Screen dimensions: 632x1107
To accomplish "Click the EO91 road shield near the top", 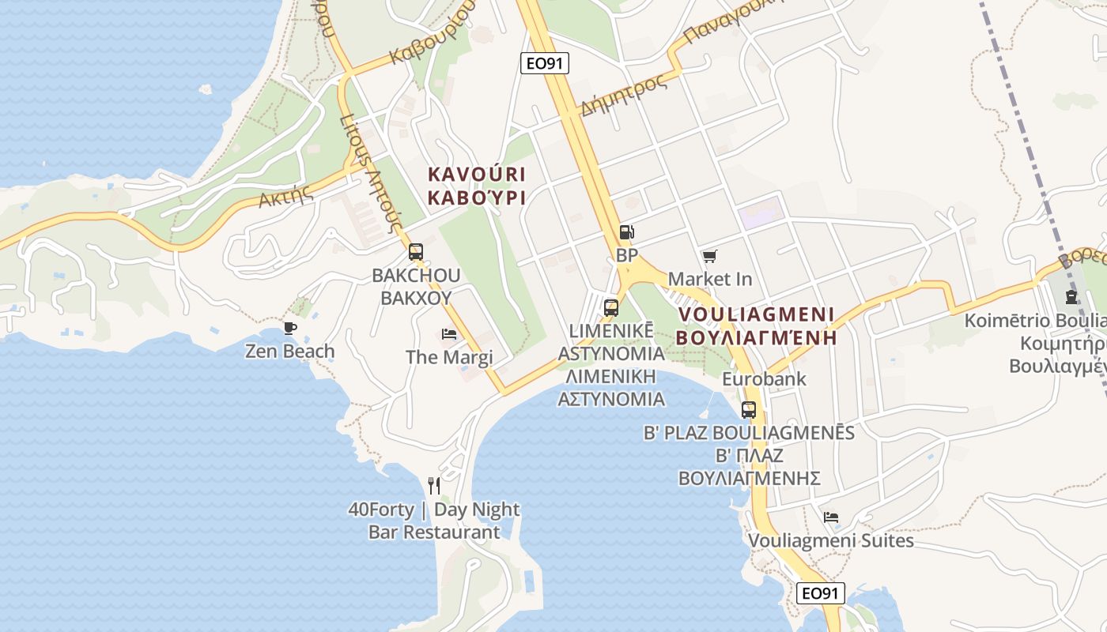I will [x=545, y=63].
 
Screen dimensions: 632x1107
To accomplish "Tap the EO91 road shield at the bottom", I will [x=820, y=593].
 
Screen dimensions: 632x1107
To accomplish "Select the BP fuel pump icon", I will [x=626, y=232].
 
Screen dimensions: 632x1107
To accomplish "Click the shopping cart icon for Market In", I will [x=709, y=256].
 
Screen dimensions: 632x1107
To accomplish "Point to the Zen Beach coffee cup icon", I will [x=290, y=328].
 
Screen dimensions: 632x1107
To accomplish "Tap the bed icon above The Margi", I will [x=449, y=334].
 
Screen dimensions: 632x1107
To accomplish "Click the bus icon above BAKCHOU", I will [x=416, y=253].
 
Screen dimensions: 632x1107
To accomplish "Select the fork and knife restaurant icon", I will [x=433, y=485].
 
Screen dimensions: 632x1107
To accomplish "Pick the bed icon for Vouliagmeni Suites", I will [x=830, y=517].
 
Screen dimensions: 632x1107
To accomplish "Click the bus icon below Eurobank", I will [x=748, y=410].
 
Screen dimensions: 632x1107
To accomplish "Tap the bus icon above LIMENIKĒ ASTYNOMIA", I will [x=610, y=307].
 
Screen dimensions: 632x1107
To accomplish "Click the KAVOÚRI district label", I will [x=477, y=174].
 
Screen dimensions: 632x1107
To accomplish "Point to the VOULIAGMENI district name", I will [x=757, y=314].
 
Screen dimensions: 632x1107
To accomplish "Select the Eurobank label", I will [x=764, y=379].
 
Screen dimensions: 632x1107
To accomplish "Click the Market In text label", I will [x=710, y=279].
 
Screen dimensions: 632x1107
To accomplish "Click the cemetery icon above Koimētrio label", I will [x=1071, y=297].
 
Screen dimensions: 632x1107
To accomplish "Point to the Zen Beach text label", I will [x=289, y=351].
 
